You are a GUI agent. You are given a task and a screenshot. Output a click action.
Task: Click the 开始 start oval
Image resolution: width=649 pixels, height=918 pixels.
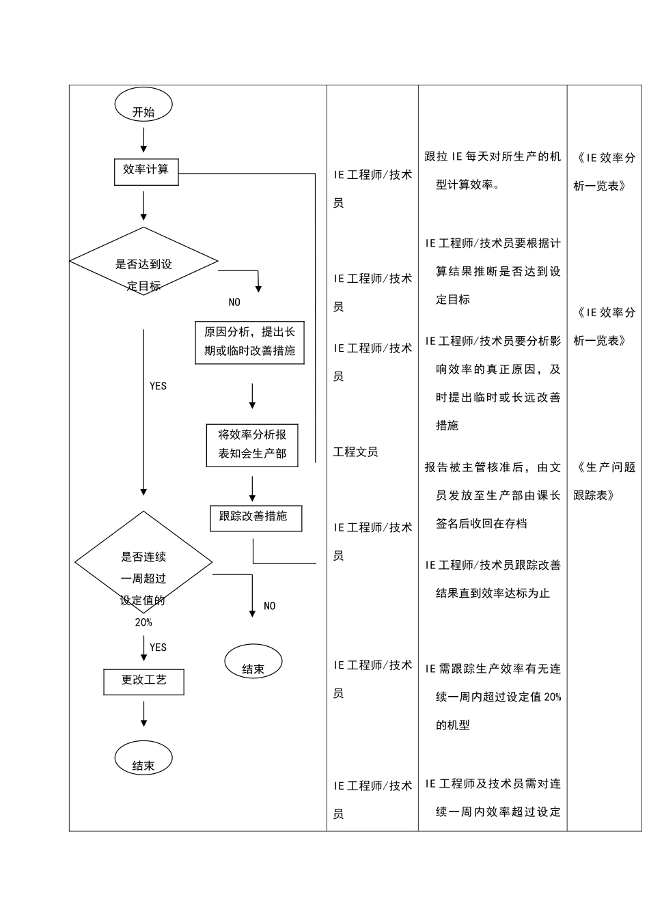coord(143,106)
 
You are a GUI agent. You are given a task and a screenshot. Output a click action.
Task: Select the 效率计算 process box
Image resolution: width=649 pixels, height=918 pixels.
coord(146,171)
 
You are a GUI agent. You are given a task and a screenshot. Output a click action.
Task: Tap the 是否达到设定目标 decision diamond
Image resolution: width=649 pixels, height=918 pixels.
coord(143,262)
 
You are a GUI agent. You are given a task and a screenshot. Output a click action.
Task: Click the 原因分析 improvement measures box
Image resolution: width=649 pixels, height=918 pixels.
coord(249,342)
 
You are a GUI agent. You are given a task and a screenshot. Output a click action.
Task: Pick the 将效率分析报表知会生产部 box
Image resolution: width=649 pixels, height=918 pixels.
coord(252,445)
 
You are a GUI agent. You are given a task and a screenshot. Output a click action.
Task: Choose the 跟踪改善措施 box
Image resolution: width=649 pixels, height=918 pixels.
coord(256,518)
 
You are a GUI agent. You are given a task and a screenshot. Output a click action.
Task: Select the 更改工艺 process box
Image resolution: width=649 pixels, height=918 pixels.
coord(143,681)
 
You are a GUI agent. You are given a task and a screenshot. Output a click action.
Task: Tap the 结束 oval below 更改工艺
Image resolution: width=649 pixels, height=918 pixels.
coord(143,758)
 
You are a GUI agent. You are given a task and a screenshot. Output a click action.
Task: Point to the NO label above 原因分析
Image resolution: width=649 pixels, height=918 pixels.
coord(234,303)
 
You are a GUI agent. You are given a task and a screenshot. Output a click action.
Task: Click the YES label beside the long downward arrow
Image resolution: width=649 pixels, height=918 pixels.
coord(158,387)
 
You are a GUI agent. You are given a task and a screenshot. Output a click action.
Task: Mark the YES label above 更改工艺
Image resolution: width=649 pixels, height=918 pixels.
coord(158,648)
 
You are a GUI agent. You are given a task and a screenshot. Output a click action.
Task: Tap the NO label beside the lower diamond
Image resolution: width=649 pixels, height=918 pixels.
coord(270,606)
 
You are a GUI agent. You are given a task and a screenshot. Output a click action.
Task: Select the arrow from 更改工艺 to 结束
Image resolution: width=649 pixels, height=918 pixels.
coord(143,714)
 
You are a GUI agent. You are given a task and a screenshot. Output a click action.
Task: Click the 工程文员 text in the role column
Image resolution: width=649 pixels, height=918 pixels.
coord(355,451)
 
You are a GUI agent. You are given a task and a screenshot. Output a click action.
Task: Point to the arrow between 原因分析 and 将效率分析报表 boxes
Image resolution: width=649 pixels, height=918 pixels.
coord(253,396)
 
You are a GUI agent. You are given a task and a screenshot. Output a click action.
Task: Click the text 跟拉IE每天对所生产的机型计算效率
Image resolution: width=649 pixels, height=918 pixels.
coord(493,170)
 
